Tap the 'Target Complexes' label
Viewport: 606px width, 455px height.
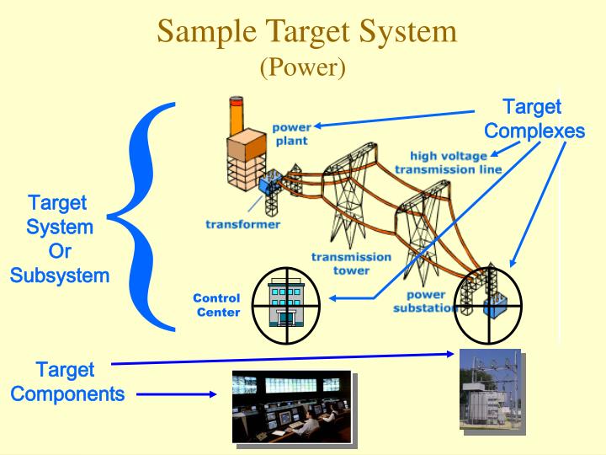(x=534, y=119)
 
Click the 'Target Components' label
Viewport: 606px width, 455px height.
(x=65, y=381)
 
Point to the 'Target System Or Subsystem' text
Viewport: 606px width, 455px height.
(x=60, y=238)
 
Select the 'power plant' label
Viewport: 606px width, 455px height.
(x=291, y=134)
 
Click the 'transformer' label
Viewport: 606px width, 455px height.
(x=242, y=225)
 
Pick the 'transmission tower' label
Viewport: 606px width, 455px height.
(x=351, y=263)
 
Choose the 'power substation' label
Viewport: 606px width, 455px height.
(x=425, y=301)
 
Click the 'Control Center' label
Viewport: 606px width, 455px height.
(x=217, y=305)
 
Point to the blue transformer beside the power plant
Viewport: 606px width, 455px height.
(x=270, y=184)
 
